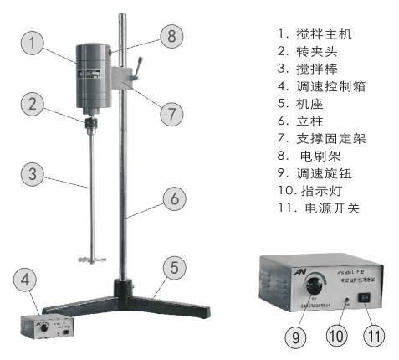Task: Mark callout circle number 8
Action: click(171, 37)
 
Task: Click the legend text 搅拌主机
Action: click(319, 35)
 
